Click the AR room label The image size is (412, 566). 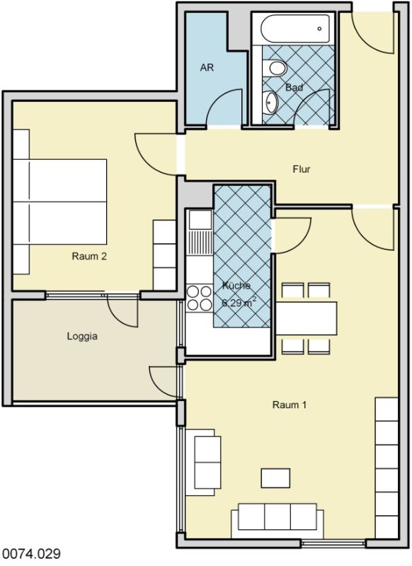pyautogui.click(x=207, y=67)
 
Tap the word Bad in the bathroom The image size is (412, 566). pyautogui.click(x=294, y=87)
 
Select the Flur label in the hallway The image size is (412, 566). pyautogui.click(x=302, y=169)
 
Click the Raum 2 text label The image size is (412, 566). pyautogui.click(x=89, y=256)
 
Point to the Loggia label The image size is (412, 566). pyautogui.click(x=82, y=337)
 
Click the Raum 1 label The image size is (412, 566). pyautogui.click(x=290, y=405)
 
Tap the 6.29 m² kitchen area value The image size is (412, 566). pyautogui.click(x=239, y=302)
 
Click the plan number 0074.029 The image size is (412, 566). pyautogui.click(x=30, y=554)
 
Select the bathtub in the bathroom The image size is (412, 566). pyautogui.click(x=296, y=29)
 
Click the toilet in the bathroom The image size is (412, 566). pyautogui.click(x=275, y=68)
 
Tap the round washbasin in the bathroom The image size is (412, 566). pyautogui.click(x=270, y=101)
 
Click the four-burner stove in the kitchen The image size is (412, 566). pyautogui.click(x=199, y=298)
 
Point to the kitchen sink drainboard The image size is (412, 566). pyautogui.click(x=200, y=243)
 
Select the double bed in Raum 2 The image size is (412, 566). pyautogui.click(x=60, y=202)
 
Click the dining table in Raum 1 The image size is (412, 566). pyautogui.click(x=307, y=318)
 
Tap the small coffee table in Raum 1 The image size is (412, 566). pyautogui.click(x=275, y=478)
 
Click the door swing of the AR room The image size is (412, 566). pyautogui.click(x=223, y=108)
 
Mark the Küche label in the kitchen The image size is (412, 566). pyautogui.click(x=236, y=286)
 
